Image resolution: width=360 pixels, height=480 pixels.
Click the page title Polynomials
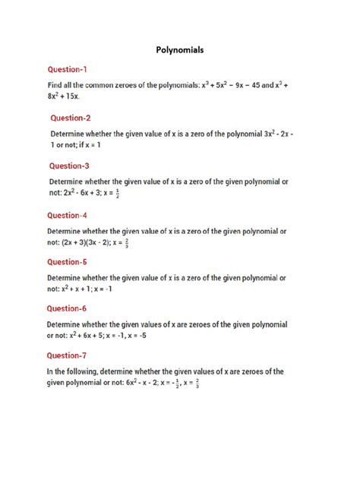click(180, 49)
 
